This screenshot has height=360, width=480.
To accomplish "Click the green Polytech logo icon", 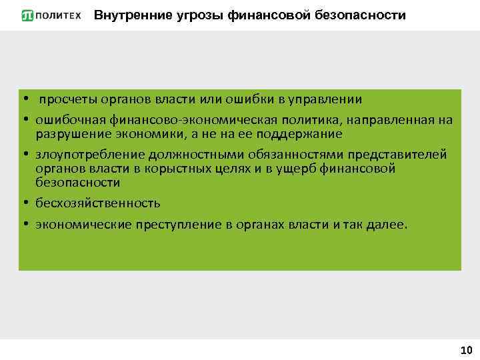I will click(27, 15).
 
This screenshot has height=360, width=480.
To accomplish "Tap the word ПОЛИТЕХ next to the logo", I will click(59, 15).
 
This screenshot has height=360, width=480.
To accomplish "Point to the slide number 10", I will click(466, 350).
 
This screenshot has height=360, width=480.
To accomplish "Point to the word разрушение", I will click(71, 134).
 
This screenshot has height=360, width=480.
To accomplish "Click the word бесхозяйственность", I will click(98, 203).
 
